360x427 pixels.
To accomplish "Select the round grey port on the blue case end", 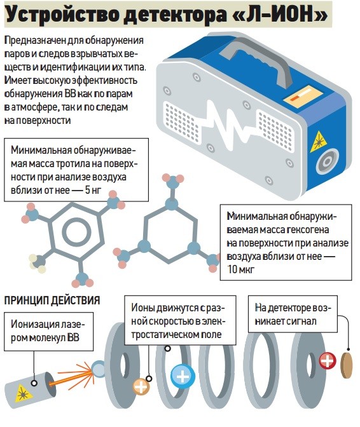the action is pos(327,161).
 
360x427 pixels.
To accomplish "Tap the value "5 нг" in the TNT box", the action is pos(93,190).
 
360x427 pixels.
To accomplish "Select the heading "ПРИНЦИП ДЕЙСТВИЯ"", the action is pos(52,301).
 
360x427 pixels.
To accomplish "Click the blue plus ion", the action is pos(183,376).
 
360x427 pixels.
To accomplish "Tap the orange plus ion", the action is pos(141,386).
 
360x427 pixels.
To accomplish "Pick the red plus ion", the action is pos(328,361).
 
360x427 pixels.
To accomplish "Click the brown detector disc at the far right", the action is pos(347,366).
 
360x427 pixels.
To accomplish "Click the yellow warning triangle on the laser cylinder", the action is pos(23,393).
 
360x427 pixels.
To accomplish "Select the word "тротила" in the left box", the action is pos(73,164).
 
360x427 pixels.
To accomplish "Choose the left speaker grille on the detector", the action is pos(181,123).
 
